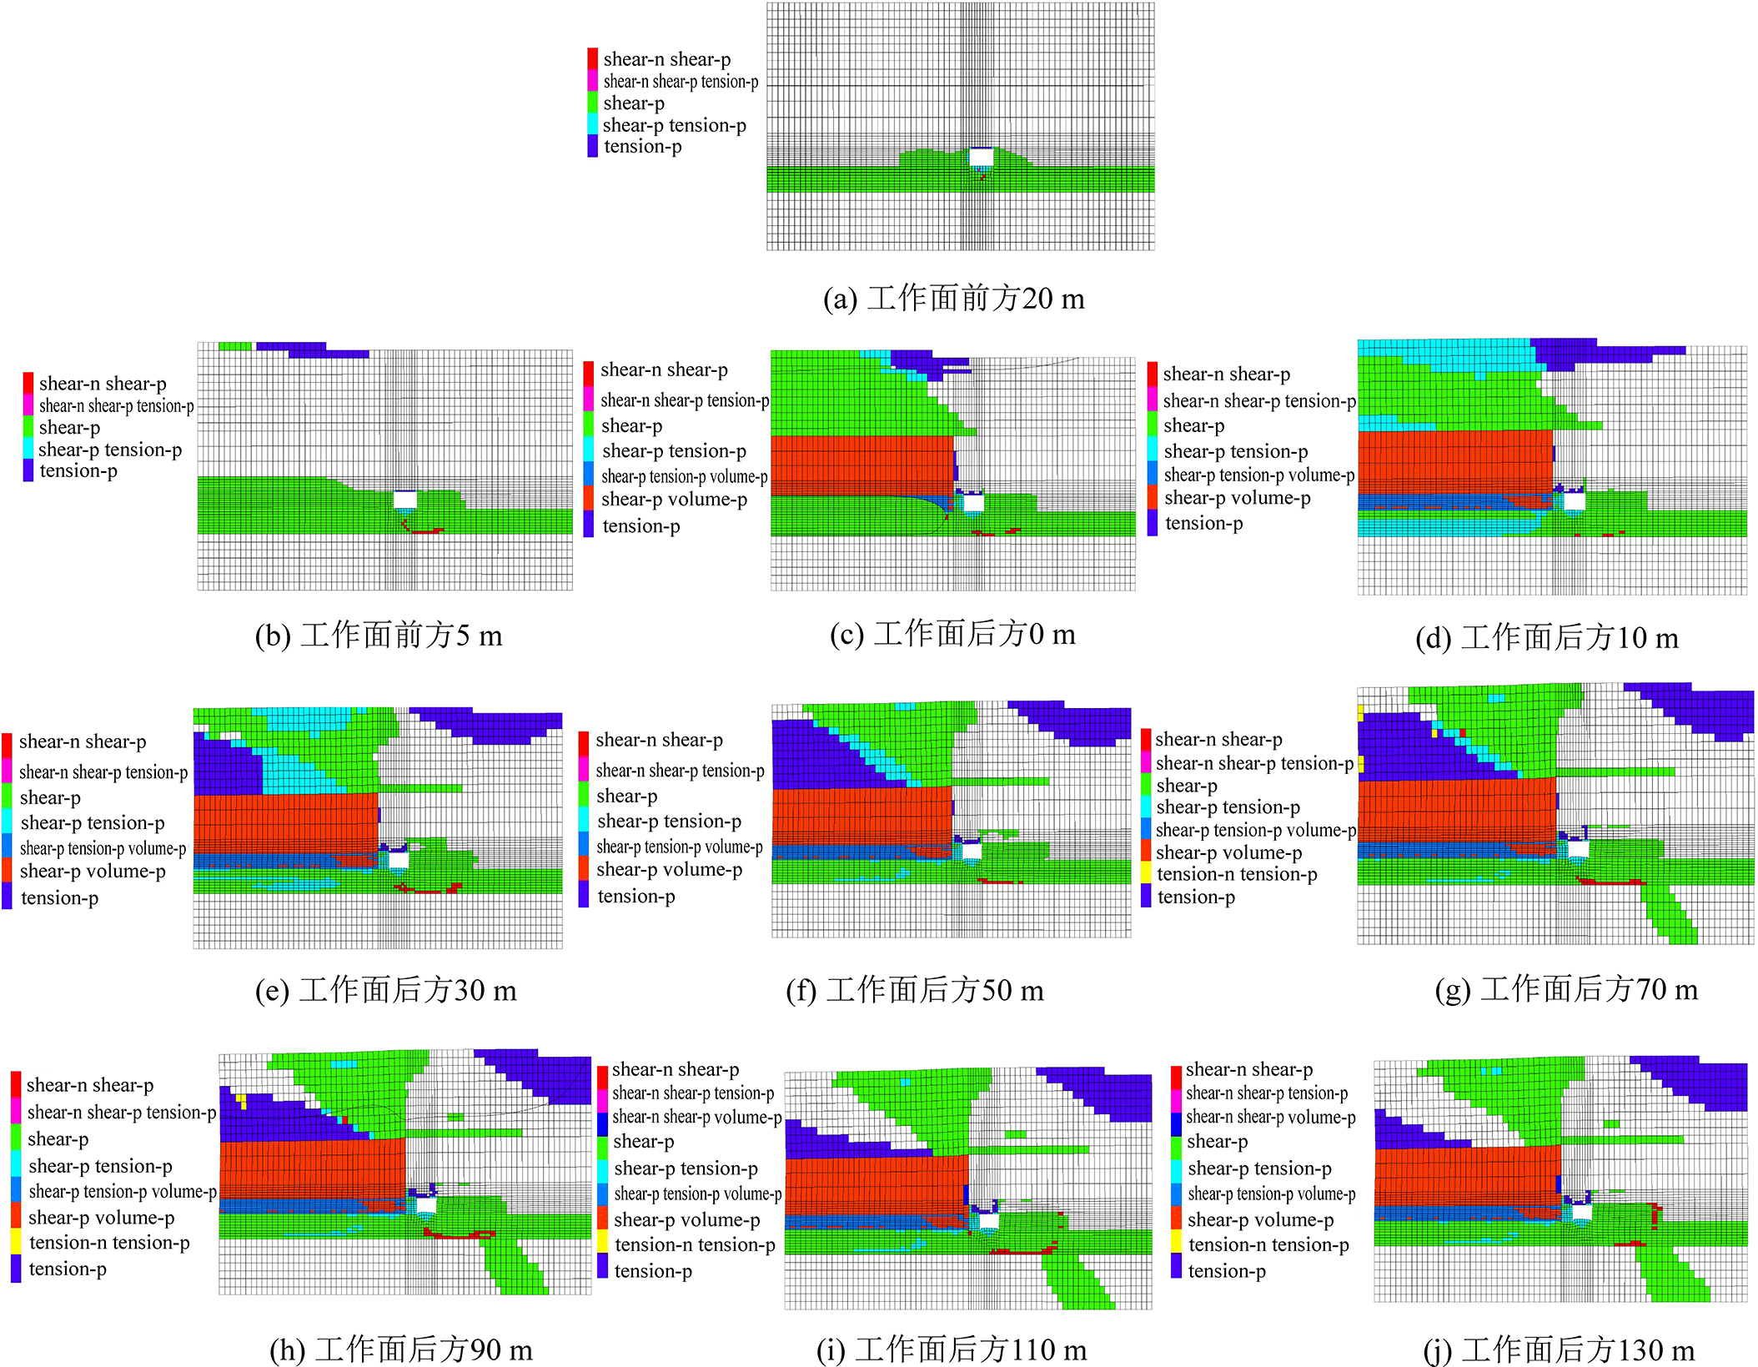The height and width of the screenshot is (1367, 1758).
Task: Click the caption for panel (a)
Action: pos(953,299)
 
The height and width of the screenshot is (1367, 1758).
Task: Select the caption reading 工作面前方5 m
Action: pos(379,636)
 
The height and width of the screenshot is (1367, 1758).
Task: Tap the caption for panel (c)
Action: pos(952,635)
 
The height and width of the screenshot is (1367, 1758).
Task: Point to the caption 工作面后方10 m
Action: pos(1546,638)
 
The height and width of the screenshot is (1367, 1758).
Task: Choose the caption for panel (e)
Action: pos(386,990)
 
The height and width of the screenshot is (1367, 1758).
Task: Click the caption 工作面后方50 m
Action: pos(915,990)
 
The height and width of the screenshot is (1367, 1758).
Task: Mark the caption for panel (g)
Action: pos(1566,989)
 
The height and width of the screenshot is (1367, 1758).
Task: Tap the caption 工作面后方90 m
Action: pos(401,1349)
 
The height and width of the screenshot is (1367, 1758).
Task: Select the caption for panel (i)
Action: pos(952,1349)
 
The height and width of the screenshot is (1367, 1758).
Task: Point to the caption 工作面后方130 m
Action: pos(1559,1349)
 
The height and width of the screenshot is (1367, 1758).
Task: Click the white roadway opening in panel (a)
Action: pos(981,157)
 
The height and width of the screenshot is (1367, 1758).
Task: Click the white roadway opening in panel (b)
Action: pos(404,500)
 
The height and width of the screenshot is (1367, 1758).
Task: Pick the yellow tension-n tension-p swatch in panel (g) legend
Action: pos(1147,873)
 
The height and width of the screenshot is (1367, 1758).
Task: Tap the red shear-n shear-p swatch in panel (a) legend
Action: pos(592,58)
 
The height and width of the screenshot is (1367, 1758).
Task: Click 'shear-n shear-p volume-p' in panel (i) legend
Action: pos(696,1117)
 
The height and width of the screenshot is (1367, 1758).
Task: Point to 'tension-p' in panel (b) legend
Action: pos(78,471)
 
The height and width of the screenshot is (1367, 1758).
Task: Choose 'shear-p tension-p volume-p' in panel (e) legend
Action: pos(103,848)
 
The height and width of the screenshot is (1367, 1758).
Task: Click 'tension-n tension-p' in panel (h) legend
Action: pos(109,1243)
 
